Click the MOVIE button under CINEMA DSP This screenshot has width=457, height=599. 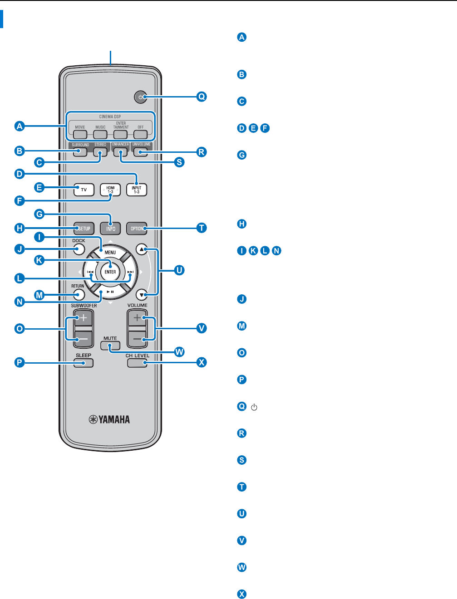(80, 135)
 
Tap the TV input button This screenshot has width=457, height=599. (84, 190)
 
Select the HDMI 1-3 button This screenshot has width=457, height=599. (110, 190)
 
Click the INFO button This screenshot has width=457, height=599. (110, 228)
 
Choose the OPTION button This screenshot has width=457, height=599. (137, 228)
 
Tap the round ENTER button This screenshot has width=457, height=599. (110, 272)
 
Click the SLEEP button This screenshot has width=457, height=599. (84, 362)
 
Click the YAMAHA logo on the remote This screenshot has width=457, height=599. (109, 419)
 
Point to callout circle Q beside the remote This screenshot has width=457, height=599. (201, 97)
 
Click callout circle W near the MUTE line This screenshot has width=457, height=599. (180, 352)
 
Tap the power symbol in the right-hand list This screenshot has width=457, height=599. (254, 407)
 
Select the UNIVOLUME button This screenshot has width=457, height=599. (141, 151)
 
